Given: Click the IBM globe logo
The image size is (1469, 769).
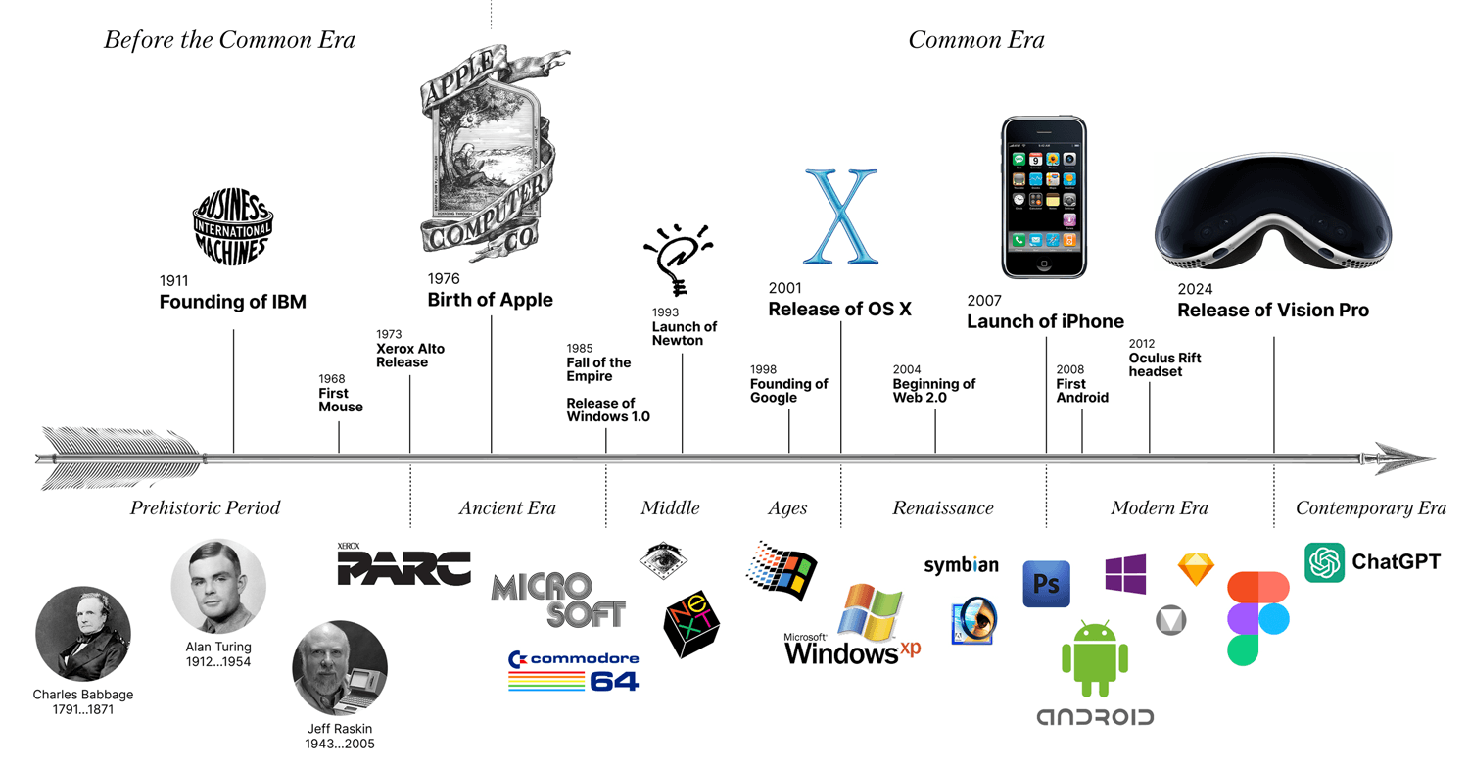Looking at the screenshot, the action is coord(233,227).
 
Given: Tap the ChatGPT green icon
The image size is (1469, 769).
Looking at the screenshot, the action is coord(1324,562).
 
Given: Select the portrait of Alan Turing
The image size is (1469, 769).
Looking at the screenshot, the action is coord(218,587).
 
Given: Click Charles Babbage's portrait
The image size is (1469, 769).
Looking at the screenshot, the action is coord(83,634).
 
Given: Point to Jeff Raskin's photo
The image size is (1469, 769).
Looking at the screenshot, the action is coord(340,668).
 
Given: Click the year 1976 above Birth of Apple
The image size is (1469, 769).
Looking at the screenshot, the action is coord(444,279).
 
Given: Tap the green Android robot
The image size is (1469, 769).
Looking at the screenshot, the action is coord(1095,658).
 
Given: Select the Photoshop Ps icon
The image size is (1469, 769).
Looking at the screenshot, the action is coord(1047,584).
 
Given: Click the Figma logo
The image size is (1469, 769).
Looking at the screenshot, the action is coord(1257,619).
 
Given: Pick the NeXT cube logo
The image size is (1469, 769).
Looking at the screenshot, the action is coord(691,623).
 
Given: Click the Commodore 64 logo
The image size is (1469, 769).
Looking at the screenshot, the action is coord(574,671).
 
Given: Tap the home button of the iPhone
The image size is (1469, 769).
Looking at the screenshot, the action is coord(1044,264).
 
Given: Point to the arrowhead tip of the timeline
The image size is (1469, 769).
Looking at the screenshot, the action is coord(1435,458).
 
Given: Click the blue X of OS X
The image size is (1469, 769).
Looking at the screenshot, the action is coord(840,216).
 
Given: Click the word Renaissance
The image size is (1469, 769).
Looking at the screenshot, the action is coord(943,507).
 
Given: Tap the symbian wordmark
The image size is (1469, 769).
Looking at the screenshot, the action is coord(962,565).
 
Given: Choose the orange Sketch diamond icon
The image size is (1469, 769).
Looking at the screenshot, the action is coord(1196,569).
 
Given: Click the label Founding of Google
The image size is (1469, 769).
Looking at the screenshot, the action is coord(789,391).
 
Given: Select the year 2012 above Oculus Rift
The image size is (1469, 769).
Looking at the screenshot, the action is coord(1142,343).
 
